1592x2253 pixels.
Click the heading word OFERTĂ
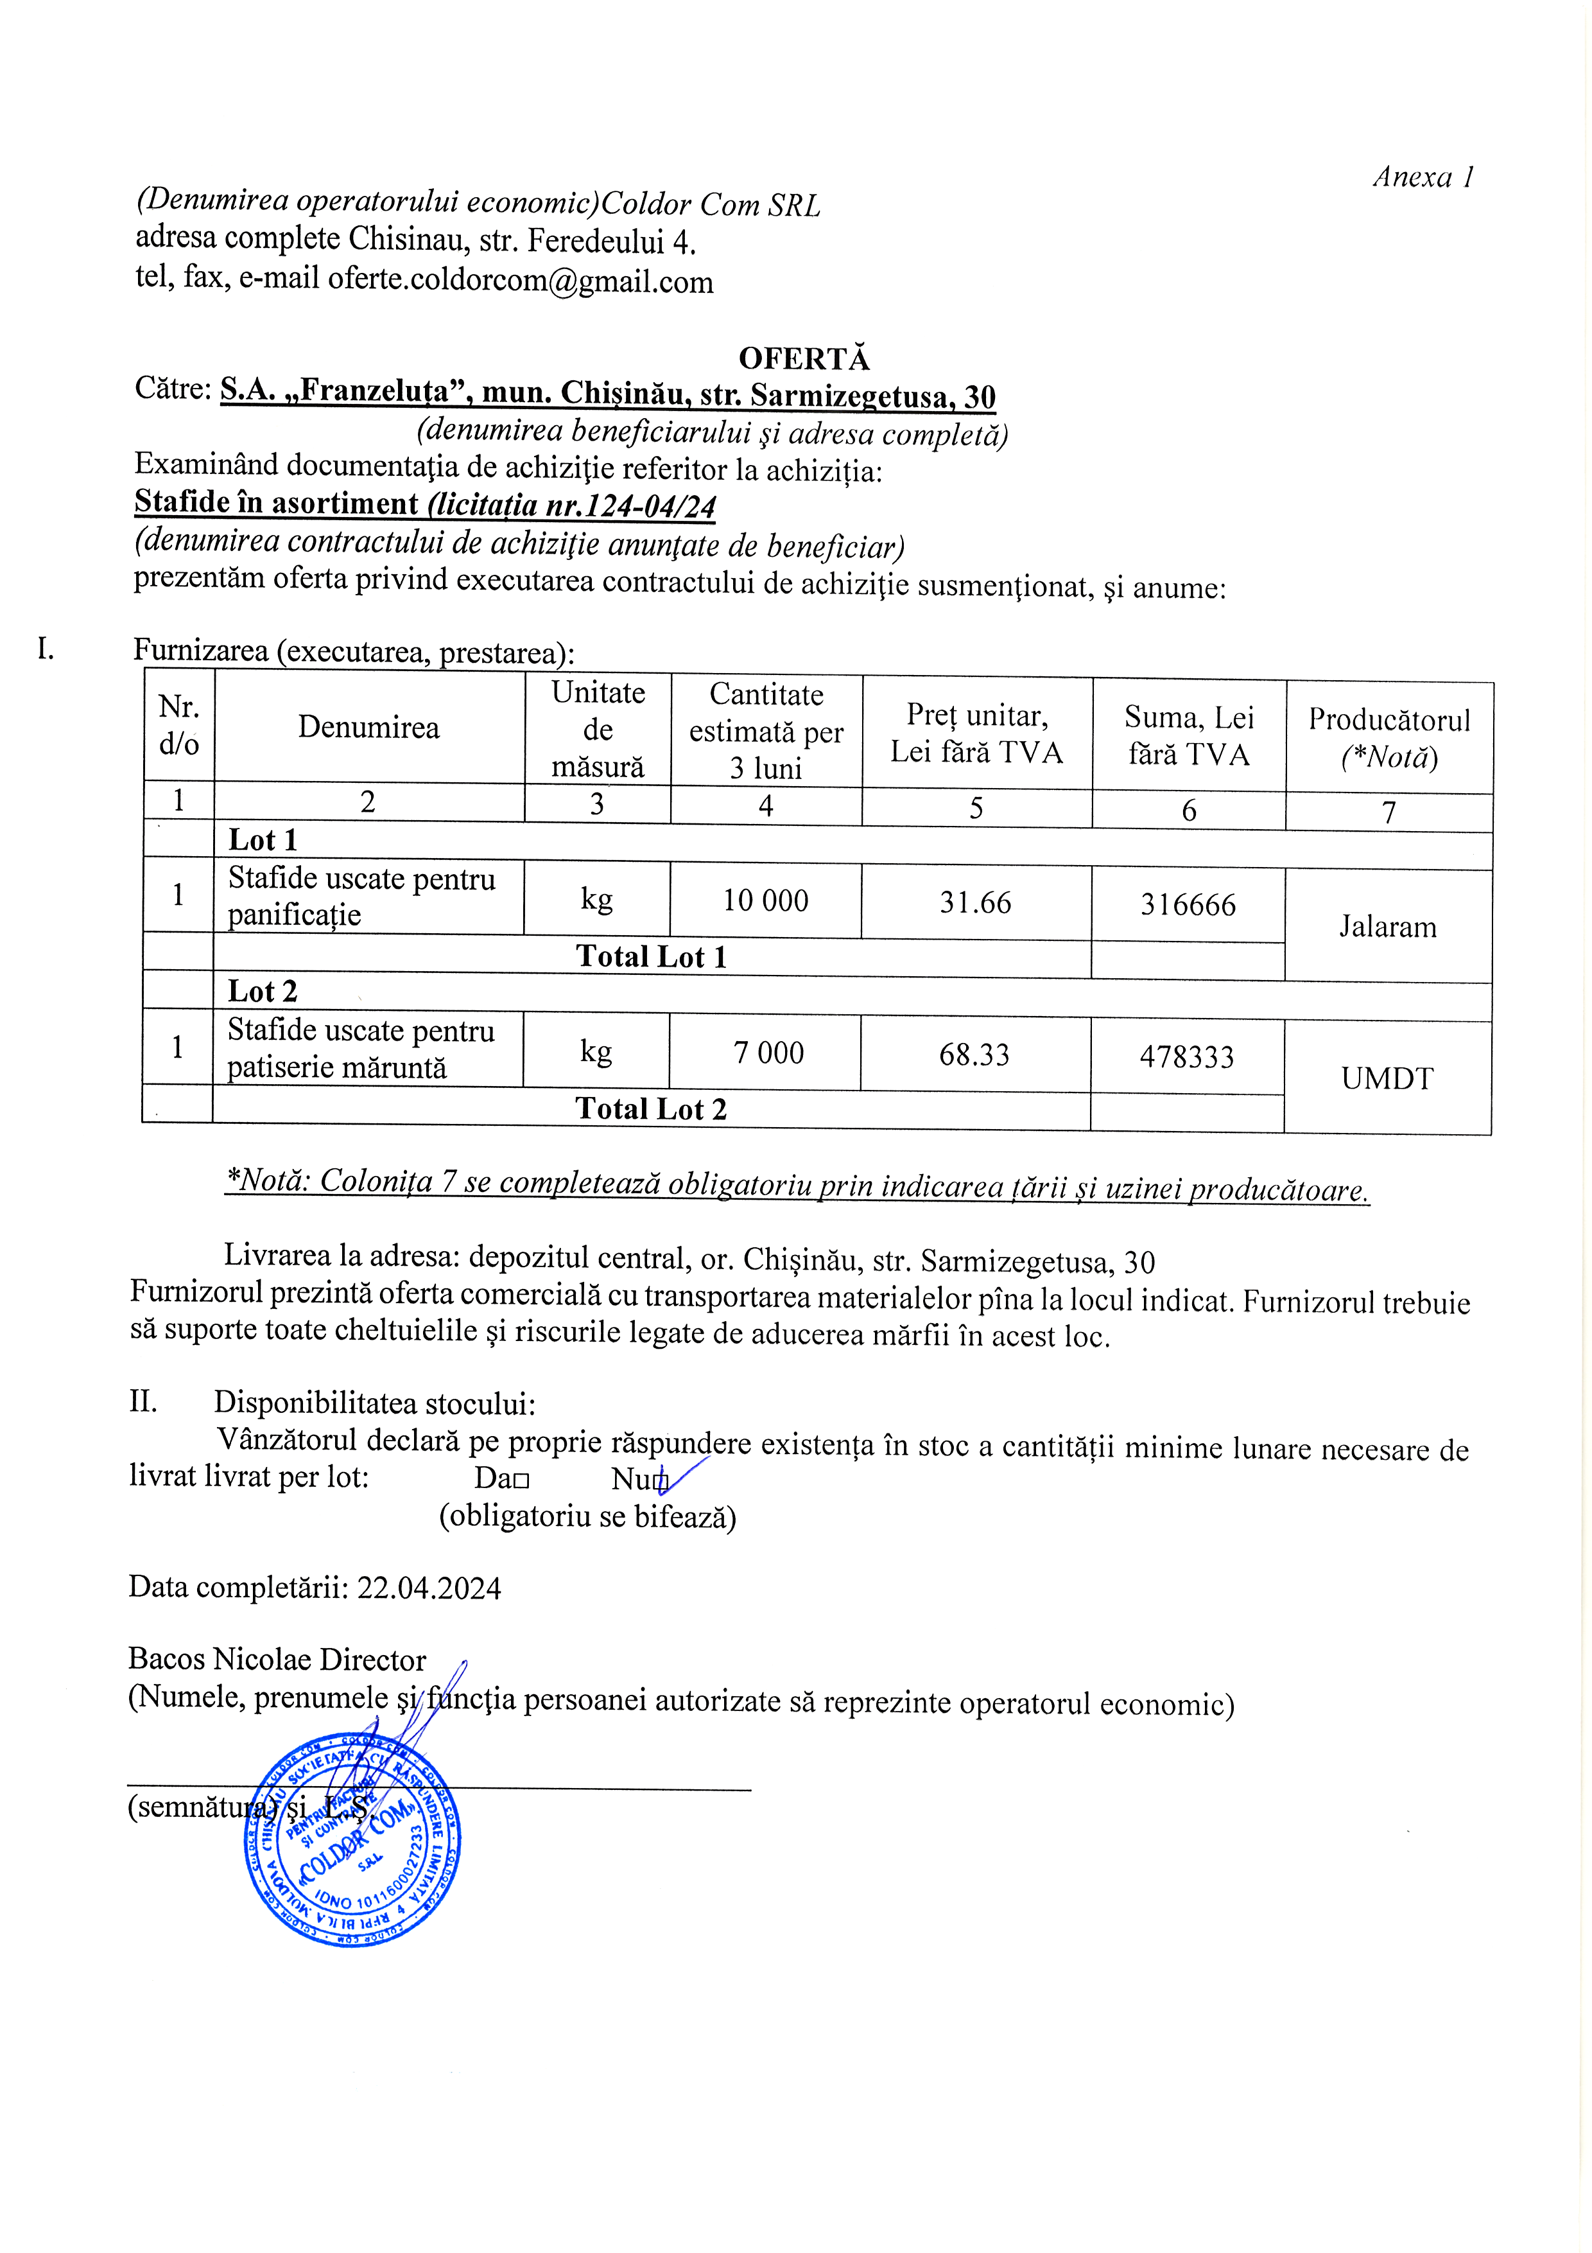(x=803, y=358)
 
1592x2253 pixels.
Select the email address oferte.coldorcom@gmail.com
(x=520, y=281)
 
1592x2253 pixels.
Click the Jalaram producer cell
(x=1387, y=926)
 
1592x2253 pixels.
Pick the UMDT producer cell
(x=1387, y=1078)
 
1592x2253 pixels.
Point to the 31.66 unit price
(x=975, y=903)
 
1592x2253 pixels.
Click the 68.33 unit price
(x=974, y=1055)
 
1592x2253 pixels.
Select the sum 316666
(x=1188, y=905)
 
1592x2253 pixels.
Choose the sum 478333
(x=1187, y=1057)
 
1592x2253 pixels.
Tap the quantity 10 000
(x=765, y=901)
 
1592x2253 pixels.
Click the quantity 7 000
(x=768, y=1053)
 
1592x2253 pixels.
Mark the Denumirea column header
(x=369, y=727)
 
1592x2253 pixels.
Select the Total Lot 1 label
(x=652, y=957)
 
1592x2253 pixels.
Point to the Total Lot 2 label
(x=650, y=1109)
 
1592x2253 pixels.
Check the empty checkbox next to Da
(x=521, y=1480)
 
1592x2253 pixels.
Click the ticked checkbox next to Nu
(x=662, y=1480)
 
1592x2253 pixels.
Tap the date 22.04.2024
(x=429, y=1588)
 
